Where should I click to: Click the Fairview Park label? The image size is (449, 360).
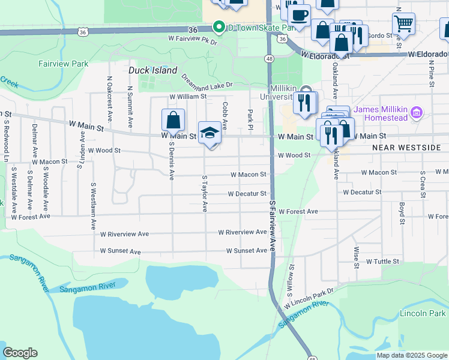(63, 64)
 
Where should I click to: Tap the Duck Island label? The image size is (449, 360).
(153, 70)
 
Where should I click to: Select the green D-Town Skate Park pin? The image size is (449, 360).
(219, 27)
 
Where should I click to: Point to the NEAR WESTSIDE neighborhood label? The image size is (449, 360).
(406, 147)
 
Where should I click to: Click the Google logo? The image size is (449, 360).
(20, 353)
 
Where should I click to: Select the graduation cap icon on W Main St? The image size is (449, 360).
(209, 132)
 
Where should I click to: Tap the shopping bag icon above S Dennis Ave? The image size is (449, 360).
(173, 119)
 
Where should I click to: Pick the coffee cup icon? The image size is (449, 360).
(298, 15)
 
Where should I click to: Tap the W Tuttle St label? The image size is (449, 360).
(382, 262)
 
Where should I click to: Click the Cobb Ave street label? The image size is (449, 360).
(225, 116)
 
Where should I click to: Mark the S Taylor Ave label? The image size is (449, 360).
(205, 193)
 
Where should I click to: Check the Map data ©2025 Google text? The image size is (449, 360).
(411, 355)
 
